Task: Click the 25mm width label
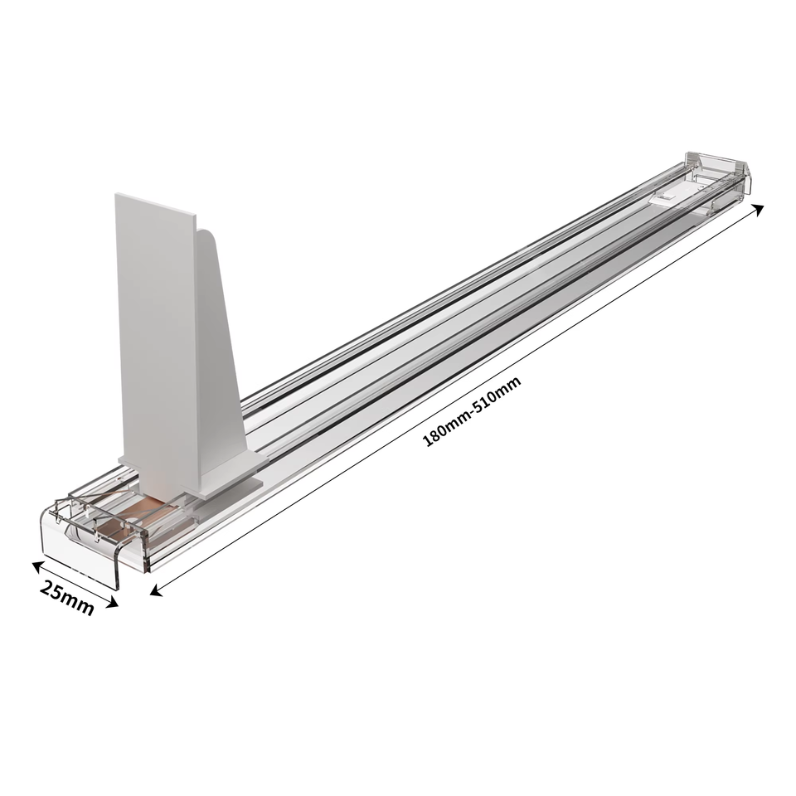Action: coord(67,598)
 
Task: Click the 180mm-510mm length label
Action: coord(472,410)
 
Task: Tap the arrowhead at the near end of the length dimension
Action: coord(156,590)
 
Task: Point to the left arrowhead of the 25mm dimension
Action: coord(37,565)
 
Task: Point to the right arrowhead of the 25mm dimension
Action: coord(113,603)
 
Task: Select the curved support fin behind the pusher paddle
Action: coord(222,345)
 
